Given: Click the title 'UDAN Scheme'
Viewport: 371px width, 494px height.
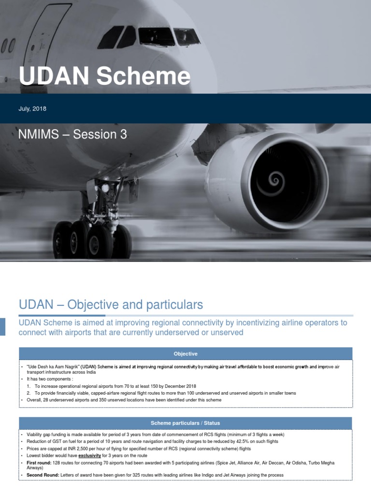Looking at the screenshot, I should point(104,77).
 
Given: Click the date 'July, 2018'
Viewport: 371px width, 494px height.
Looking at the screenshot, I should point(32,109).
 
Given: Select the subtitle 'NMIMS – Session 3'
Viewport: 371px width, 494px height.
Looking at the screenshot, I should point(73,135).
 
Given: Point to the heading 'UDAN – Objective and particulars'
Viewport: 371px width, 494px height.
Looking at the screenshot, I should point(111,305).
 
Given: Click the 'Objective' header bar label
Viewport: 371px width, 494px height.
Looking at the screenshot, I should point(185,354).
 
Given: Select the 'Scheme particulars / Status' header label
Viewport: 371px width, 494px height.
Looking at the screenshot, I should point(185,423).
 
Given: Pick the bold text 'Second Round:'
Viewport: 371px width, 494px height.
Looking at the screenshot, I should point(43,475).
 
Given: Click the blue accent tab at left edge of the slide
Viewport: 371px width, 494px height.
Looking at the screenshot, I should point(2,326).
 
